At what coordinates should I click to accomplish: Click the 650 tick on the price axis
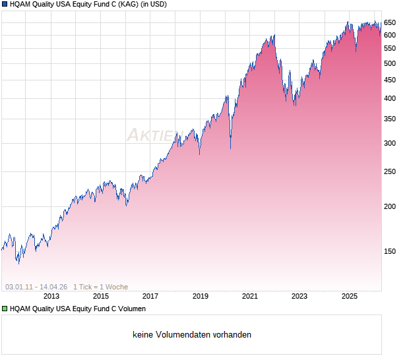point(390,22)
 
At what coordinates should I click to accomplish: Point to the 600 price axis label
point(390,35)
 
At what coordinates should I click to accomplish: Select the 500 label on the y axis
point(390,63)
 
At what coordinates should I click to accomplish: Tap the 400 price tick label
point(390,98)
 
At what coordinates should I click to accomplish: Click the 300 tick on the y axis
point(390,143)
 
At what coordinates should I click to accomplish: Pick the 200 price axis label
point(390,206)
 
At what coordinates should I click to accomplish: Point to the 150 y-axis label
point(390,251)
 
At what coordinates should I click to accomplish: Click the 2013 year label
point(51,296)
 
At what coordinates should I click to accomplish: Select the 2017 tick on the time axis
point(150,296)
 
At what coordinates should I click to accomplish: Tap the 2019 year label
point(201,296)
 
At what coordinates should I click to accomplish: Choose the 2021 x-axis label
point(250,296)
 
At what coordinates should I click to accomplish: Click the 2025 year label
point(350,296)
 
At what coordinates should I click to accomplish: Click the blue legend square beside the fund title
point(5,4)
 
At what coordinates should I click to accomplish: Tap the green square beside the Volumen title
point(5,309)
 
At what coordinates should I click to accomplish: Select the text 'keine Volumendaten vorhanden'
point(192,335)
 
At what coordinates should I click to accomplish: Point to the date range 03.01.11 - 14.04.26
point(36,287)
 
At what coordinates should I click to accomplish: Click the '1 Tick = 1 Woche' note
point(100,287)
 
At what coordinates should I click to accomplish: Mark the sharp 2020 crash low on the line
point(230,148)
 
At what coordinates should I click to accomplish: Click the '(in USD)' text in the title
point(154,4)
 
